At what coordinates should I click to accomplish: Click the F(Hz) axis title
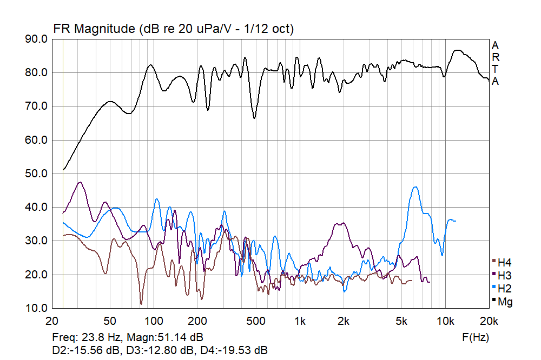[x=476, y=337]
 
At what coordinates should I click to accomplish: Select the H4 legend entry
[x=504, y=263]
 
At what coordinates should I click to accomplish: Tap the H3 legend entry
[x=504, y=275]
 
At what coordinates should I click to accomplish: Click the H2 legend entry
[x=504, y=288]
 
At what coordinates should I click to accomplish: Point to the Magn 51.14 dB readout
[x=166, y=337]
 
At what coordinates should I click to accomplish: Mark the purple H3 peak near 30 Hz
[x=81, y=182]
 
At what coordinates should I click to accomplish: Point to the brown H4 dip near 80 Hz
[x=141, y=304]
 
